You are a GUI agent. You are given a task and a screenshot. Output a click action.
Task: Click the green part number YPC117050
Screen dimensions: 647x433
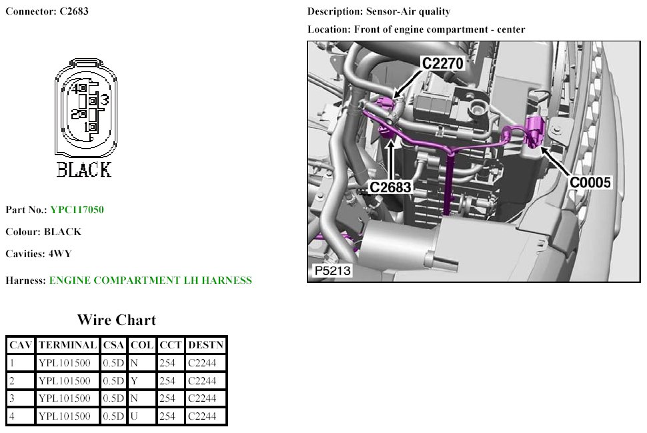(x=77, y=210)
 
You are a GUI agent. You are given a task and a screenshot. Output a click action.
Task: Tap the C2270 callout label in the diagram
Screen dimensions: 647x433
(x=443, y=63)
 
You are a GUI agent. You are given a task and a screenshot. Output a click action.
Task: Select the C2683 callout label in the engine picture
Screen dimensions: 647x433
(x=390, y=187)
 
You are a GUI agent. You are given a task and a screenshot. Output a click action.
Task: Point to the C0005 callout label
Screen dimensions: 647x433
(x=590, y=183)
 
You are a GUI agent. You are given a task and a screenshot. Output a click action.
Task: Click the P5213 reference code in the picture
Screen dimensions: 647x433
(x=333, y=270)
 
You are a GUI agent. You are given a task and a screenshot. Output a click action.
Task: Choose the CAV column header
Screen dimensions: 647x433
(x=21, y=345)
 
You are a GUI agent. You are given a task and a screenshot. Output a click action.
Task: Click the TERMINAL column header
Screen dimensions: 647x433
(x=67, y=345)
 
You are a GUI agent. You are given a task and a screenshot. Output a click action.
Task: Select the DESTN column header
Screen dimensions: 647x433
(x=205, y=345)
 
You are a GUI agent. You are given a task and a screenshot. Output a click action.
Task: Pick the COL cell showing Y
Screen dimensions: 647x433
(x=134, y=380)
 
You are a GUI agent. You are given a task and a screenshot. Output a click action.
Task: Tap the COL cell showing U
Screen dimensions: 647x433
(x=134, y=416)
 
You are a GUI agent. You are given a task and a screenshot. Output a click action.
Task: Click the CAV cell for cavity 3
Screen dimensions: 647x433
(x=12, y=398)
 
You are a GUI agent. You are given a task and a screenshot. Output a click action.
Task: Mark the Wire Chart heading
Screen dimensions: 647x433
(x=117, y=320)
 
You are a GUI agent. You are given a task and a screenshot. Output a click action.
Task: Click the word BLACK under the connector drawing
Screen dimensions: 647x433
(x=84, y=170)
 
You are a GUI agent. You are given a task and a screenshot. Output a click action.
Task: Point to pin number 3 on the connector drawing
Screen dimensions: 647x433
(x=105, y=100)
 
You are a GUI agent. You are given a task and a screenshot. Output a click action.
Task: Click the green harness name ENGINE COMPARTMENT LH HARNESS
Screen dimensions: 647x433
(x=151, y=280)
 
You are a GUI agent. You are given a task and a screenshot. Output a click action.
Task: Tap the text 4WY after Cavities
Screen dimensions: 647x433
(x=60, y=254)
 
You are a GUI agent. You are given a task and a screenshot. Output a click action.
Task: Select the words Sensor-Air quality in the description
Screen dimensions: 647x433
(x=408, y=11)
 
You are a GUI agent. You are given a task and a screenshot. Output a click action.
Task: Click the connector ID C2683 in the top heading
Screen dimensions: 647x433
(x=74, y=11)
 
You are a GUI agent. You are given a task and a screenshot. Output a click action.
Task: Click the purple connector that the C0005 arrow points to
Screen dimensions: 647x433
(x=536, y=131)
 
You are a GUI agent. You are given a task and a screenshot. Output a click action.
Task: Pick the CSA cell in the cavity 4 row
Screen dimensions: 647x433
(x=113, y=416)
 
